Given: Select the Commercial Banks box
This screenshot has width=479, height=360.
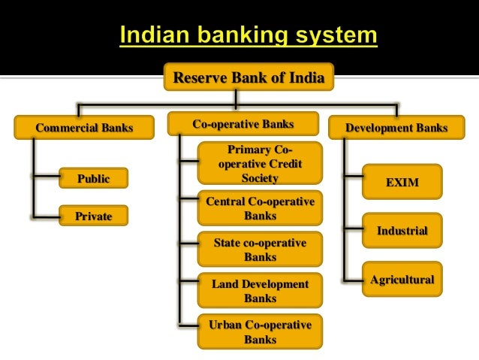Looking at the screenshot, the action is pyautogui.click(x=84, y=128).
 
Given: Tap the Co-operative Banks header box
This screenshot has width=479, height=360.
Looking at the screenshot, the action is pyautogui.click(x=243, y=124).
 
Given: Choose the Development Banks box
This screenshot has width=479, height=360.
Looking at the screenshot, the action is pyautogui.click(x=396, y=128).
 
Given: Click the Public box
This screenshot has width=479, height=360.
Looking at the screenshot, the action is pyautogui.click(x=93, y=178).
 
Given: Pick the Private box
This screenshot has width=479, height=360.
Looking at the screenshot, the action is pyautogui.click(x=93, y=216).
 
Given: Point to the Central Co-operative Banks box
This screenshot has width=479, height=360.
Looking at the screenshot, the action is pyautogui.click(x=260, y=208).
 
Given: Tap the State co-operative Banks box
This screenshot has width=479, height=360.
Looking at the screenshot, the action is pyautogui.click(x=260, y=250).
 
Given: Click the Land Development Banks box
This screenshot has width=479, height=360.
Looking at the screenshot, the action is pyautogui.click(x=260, y=291).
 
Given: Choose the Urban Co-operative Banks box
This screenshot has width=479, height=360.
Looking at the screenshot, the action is pyautogui.click(x=260, y=331).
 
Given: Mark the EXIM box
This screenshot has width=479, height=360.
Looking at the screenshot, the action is pyautogui.click(x=402, y=182).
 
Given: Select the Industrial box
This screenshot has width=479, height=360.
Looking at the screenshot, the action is pyautogui.click(x=402, y=231).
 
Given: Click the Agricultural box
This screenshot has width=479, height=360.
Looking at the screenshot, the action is pyautogui.click(x=402, y=280).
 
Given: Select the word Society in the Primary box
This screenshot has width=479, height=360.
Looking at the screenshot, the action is pyautogui.click(x=260, y=178).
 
